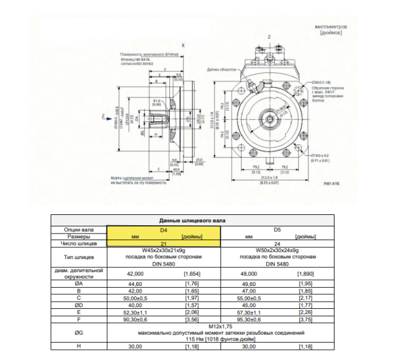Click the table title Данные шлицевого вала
(x=192, y=221)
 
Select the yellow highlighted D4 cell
(x=163, y=229)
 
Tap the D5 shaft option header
(x=277, y=229)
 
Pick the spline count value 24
(x=277, y=243)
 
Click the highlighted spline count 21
(x=163, y=243)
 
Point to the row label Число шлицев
(x=78, y=243)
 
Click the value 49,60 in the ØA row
(x=249, y=283)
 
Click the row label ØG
(x=78, y=332)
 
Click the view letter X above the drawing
(x=183, y=45)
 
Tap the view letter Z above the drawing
(x=269, y=37)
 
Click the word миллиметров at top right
(x=331, y=28)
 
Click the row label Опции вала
(x=78, y=229)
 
